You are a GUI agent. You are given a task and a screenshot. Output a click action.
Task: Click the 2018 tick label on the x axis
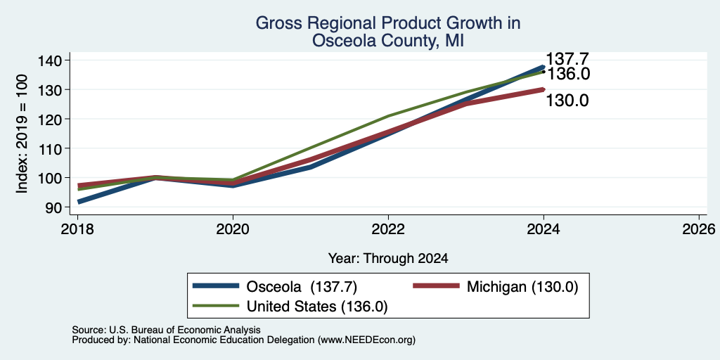point(77,229)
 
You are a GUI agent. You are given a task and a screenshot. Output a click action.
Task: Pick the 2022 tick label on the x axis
point(388,229)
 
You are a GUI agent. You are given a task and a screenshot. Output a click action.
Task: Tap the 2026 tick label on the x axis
point(699,229)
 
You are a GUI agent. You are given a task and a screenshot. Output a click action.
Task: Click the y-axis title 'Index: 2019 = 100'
point(22,134)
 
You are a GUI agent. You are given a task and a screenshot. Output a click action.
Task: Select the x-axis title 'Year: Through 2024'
point(388,259)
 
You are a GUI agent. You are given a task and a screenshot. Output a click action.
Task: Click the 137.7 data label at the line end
point(567,59)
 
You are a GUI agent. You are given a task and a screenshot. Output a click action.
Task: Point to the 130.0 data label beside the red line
point(567,101)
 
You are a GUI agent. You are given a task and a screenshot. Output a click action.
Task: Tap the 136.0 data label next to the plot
point(568,74)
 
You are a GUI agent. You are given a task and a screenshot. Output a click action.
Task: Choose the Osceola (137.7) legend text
point(302,287)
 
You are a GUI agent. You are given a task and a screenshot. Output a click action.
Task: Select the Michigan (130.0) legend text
point(522,287)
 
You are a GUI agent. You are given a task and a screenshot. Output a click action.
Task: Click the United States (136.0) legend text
point(317,307)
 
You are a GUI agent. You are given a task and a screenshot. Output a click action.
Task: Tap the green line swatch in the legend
point(217,306)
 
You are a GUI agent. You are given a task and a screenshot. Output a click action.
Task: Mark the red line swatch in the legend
point(436,286)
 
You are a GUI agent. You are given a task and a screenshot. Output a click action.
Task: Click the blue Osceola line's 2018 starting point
point(78,202)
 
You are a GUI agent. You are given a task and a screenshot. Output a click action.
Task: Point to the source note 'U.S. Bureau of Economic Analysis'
point(185,330)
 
